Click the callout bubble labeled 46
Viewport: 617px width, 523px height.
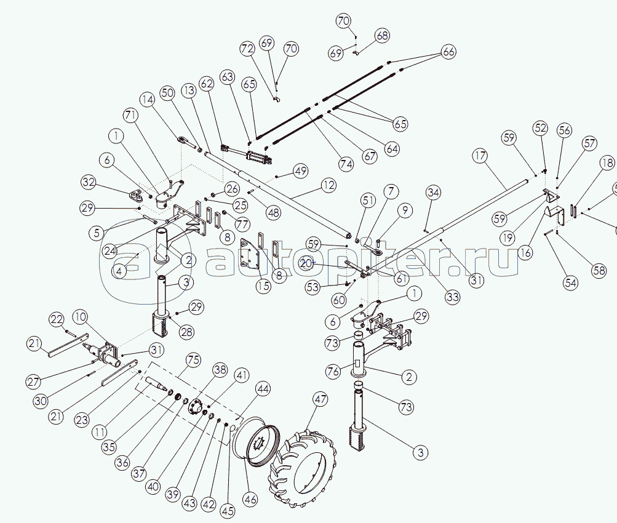pos(250,498)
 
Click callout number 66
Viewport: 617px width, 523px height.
pos(448,52)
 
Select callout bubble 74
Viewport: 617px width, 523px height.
pos(346,164)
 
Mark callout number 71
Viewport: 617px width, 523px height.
pos(129,114)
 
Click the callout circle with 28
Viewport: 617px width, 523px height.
pos(186,332)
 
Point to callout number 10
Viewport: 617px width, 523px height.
pos(81,317)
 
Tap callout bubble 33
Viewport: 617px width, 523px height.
pos(453,297)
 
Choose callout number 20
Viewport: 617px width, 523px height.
pos(306,263)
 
